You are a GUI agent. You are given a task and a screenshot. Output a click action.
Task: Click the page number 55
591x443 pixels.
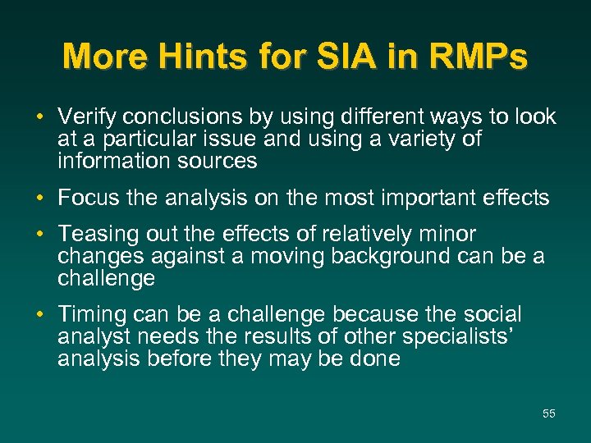548,413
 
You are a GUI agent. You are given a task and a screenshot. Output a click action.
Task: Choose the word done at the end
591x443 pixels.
374,359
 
